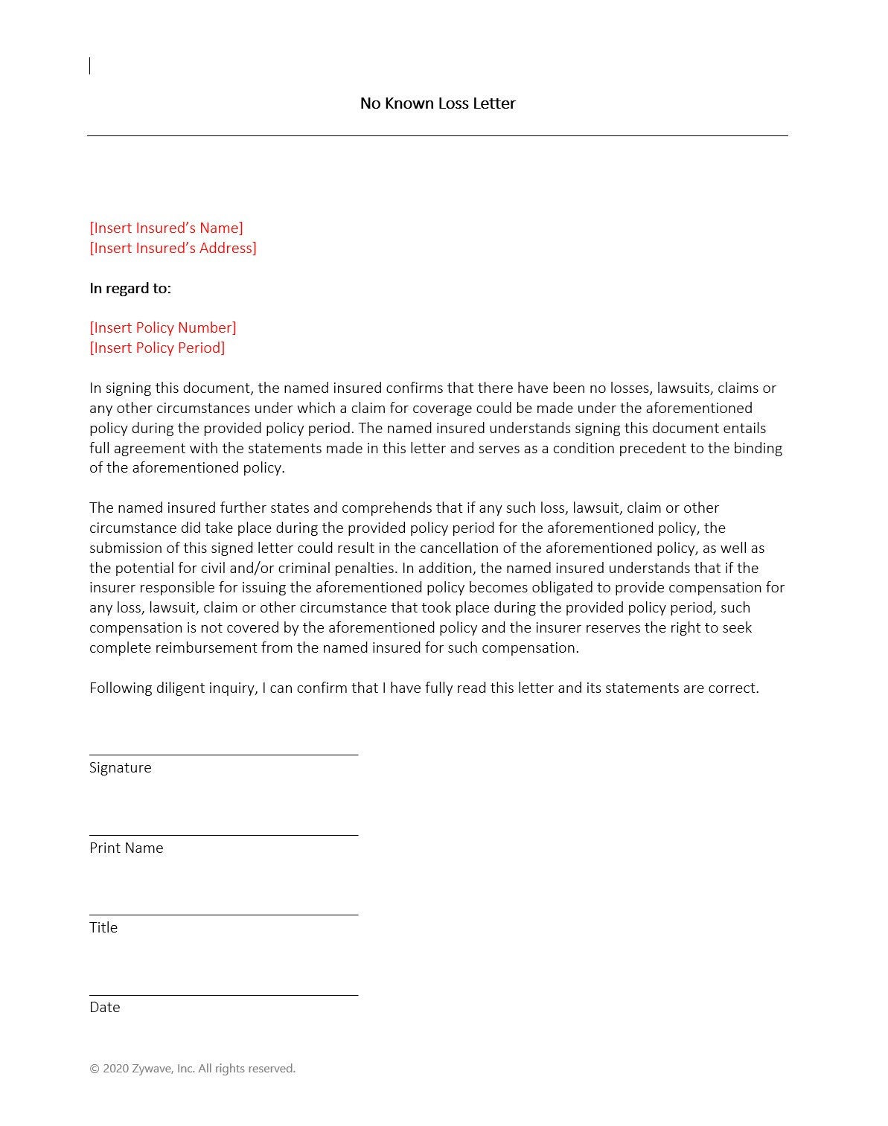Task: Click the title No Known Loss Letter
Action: [x=437, y=103]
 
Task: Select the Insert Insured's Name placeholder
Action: [x=166, y=228]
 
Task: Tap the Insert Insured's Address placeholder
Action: [x=173, y=248]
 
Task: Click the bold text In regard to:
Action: [x=130, y=288]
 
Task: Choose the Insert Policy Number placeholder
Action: [x=163, y=327]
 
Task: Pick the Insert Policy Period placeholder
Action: [x=157, y=348]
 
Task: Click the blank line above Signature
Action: [x=223, y=753]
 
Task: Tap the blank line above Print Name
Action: [x=223, y=834]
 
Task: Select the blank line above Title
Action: [x=223, y=913]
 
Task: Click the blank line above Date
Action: [x=223, y=994]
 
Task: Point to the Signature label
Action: [x=120, y=767]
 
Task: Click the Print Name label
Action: [x=126, y=848]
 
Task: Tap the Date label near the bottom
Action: [x=104, y=1007]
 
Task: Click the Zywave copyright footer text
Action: [x=192, y=1069]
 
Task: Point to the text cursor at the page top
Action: [x=90, y=65]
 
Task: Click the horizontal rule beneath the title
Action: [x=437, y=135]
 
